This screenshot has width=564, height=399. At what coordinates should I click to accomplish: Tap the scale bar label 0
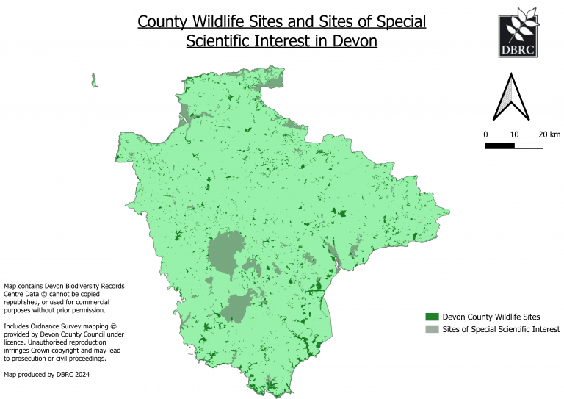click(485, 134)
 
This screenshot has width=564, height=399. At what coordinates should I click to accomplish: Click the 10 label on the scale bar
click(514, 134)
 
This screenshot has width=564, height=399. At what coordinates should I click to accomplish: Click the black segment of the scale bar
click(499, 145)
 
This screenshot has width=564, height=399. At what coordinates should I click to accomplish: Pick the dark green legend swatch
click(432, 316)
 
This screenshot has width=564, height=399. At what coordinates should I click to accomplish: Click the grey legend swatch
click(432, 329)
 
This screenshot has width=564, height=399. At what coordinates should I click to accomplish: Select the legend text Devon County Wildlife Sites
click(490, 316)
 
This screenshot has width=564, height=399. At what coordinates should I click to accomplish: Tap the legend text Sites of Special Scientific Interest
click(502, 329)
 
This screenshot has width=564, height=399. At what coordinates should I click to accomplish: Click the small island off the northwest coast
click(94, 80)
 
